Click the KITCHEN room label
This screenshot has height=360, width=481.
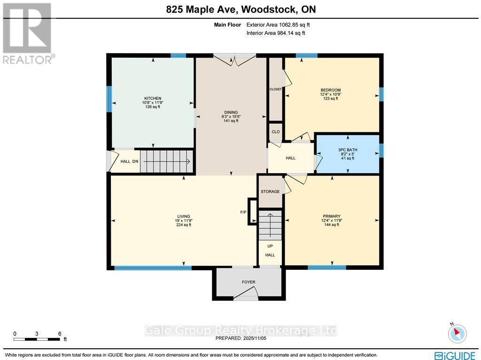153,99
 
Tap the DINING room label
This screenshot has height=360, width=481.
231,112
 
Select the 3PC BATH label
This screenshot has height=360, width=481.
348,150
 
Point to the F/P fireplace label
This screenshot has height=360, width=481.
243,212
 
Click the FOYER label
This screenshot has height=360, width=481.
248,282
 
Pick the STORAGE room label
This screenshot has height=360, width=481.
270,191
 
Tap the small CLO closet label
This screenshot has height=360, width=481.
275,132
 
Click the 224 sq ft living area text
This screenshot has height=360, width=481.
184,225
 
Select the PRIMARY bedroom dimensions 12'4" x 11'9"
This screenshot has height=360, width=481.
331,221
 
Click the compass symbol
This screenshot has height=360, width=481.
457,333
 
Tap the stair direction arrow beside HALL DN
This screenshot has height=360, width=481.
167,162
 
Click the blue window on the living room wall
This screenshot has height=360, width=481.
153,268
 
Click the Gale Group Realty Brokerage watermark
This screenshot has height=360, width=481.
240,330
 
